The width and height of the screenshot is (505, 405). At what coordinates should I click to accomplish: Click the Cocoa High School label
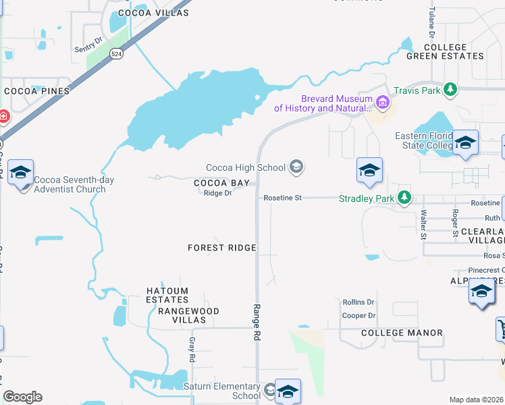click(x=246, y=167)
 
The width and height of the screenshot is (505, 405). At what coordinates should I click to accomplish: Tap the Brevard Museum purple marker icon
click(x=383, y=103)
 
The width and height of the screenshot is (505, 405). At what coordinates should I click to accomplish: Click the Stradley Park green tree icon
click(x=404, y=197)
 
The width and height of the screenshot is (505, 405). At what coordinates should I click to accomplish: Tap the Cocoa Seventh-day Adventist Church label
click(x=70, y=184)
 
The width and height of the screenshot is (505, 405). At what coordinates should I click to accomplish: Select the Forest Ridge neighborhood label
click(x=222, y=248)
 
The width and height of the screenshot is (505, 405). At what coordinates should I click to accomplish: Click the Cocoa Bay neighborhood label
click(x=221, y=183)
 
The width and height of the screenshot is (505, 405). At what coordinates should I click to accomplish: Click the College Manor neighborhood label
click(x=402, y=333)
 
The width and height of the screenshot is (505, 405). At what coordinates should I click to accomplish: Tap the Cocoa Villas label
click(x=147, y=12)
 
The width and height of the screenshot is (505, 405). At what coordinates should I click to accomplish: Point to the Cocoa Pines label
click(x=36, y=90)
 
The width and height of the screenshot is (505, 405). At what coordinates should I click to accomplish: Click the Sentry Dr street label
click(x=88, y=41)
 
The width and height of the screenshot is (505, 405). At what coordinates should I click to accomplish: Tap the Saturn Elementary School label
click(x=222, y=391)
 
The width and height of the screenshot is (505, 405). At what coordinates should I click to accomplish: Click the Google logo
click(x=22, y=397)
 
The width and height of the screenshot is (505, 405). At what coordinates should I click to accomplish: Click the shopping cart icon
click(x=502, y=329)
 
